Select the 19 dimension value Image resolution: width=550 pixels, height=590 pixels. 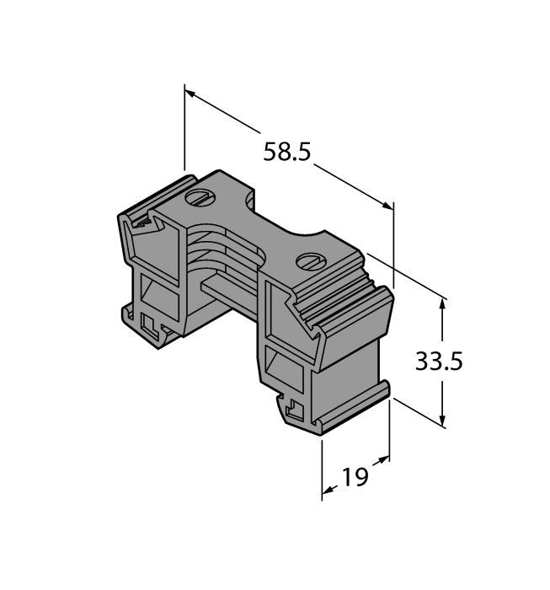coord(355,478)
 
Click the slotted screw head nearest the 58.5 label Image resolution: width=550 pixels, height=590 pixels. coord(198,199)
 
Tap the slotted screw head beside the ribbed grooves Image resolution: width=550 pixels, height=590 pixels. coord(309,260)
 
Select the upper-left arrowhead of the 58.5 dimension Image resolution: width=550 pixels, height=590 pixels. coord(190,92)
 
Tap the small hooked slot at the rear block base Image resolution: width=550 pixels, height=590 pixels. coord(152,324)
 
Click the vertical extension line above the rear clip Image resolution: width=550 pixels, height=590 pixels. coord(184,126)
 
